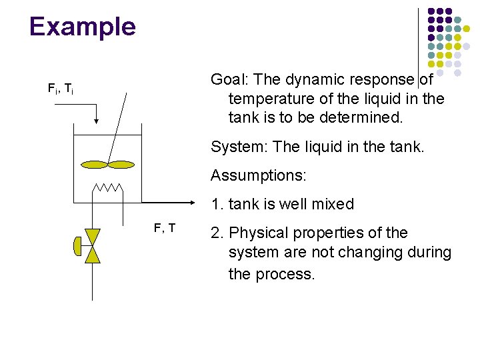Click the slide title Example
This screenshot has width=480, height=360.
coord(83,27)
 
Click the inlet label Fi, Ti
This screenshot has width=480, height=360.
coord(60,88)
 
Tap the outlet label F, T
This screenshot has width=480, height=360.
coord(165,229)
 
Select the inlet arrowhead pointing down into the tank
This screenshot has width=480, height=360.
coord(97,120)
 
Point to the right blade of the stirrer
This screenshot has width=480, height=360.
coord(121,164)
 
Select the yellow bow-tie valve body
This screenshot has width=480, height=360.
coord(93,246)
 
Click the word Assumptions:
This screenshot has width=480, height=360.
coord(258,176)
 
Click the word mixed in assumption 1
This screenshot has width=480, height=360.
coord(334,205)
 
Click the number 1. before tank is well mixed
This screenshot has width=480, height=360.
coord(216,205)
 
